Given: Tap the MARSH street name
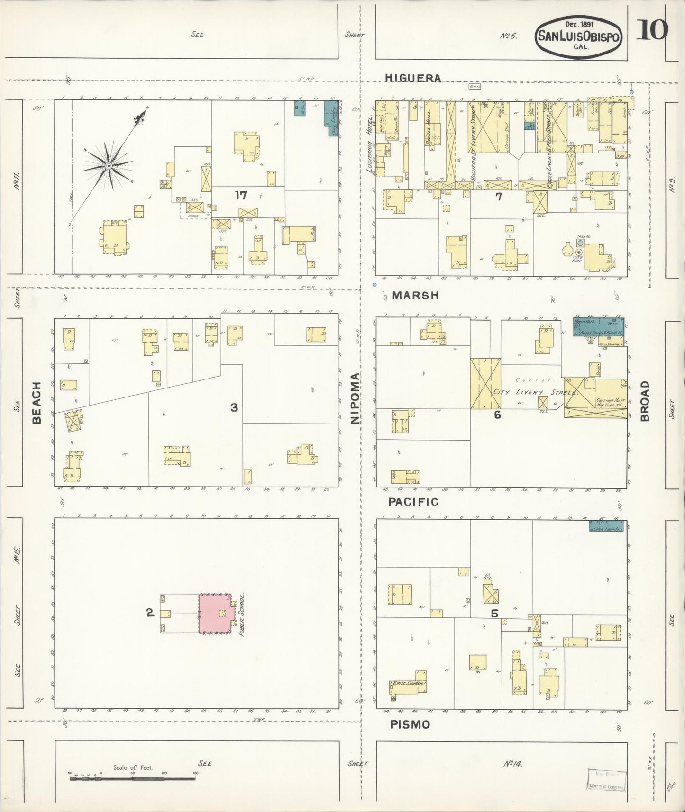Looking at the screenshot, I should pyautogui.click(x=415, y=295).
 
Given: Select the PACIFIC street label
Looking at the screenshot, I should pyautogui.click(x=413, y=502).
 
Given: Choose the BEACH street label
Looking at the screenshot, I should pyautogui.click(x=37, y=403).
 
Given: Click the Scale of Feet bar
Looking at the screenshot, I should pyautogui.click(x=133, y=774).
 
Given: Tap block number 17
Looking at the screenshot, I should pyautogui.click(x=241, y=195).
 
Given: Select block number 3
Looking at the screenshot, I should pyautogui.click(x=234, y=407).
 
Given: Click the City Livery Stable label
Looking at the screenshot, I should pyautogui.click(x=536, y=392).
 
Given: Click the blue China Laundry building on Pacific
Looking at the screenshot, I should pyautogui.click(x=606, y=526).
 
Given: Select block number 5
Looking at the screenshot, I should pyautogui.click(x=494, y=614).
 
